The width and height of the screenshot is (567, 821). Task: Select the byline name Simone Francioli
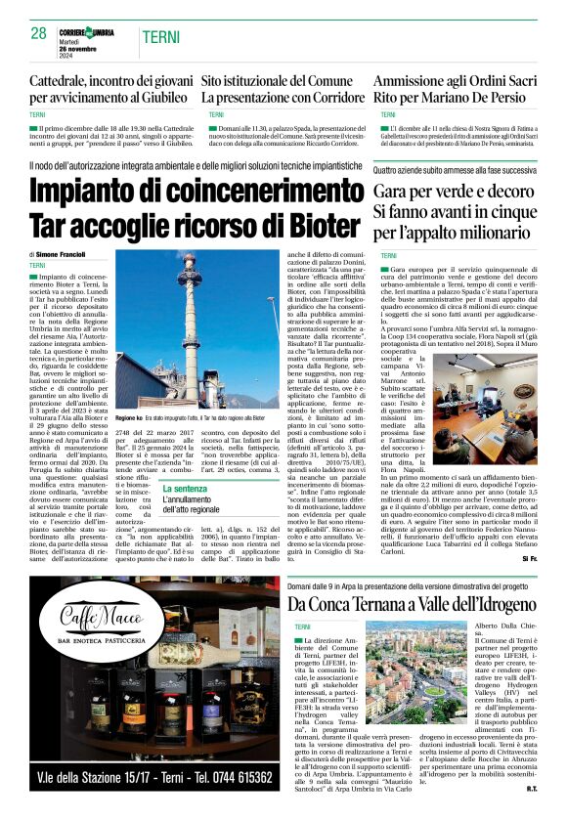(65, 254)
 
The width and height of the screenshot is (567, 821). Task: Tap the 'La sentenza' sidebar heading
(185, 489)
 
